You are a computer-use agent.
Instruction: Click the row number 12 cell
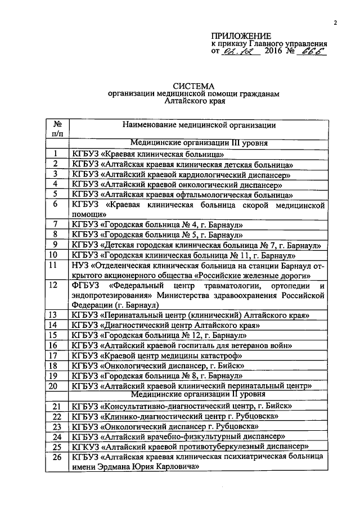[55, 285]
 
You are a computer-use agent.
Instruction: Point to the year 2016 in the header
[275, 51]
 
